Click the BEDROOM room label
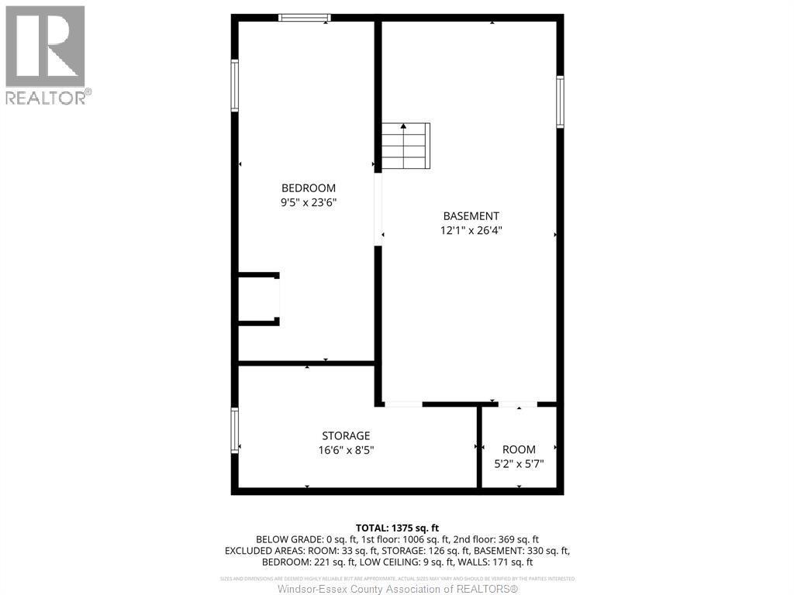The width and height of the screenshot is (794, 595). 308,188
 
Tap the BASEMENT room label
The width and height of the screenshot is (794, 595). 471,216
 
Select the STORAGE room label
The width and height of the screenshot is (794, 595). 346,435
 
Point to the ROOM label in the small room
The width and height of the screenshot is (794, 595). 519,449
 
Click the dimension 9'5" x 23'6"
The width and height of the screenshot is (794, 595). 308,202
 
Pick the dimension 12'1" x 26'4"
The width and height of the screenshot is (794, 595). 471,230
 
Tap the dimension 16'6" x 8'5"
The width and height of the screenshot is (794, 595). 346,449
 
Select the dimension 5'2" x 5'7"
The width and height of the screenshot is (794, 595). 519,464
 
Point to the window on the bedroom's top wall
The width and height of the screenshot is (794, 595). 305,17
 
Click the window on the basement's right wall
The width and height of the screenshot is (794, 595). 560,101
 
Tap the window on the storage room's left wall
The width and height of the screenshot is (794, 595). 234,431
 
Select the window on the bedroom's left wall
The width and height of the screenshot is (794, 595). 234,85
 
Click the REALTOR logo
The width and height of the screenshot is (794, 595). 46,54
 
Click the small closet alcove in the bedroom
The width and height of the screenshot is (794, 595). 257,298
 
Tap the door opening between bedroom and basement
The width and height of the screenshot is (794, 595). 378,209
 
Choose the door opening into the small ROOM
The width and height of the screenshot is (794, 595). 517,404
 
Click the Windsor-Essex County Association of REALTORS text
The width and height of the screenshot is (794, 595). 398,589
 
